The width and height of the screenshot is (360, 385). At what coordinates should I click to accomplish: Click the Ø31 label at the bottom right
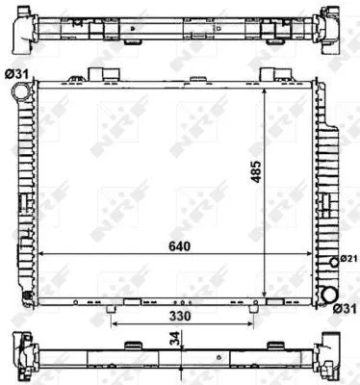click(x=345, y=308)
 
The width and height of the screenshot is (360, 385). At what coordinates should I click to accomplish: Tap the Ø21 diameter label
click(x=349, y=258)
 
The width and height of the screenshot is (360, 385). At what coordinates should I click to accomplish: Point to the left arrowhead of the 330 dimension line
click(x=116, y=323)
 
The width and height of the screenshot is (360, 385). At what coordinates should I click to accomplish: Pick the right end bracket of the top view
click(x=339, y=30)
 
